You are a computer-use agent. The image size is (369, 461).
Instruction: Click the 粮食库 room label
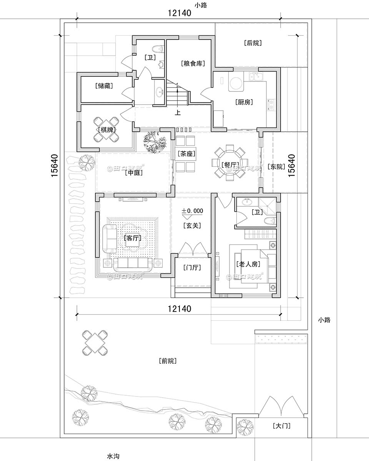192,63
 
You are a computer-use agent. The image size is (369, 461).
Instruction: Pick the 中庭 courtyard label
134,173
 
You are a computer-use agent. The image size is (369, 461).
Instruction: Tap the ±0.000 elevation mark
192,211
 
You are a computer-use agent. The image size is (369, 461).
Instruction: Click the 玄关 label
192,226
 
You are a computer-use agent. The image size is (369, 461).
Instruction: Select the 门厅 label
192,268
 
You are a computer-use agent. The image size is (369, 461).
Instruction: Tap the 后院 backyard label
253,43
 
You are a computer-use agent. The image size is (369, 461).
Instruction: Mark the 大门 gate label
281,426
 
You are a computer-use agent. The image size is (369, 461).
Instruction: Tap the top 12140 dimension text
179,13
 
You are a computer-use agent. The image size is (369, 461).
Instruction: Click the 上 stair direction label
178,113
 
